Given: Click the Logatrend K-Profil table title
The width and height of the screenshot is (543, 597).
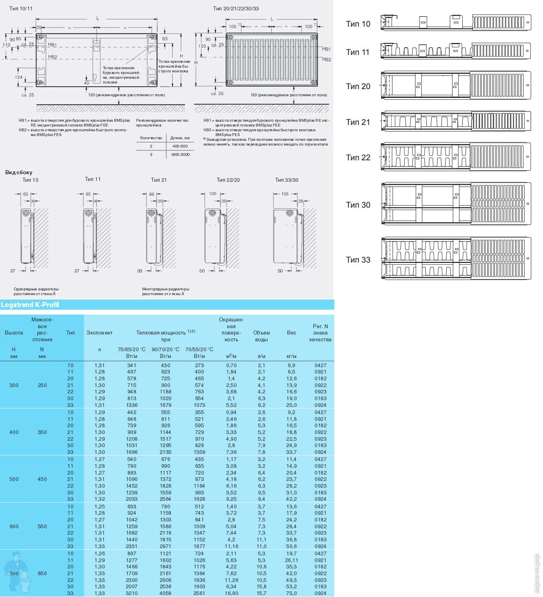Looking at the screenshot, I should (x=30, y=305).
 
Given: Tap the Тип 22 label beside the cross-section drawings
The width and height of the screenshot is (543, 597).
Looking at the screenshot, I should (x=358, y=158).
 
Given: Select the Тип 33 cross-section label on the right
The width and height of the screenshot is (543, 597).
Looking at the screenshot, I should (x=358, y=260).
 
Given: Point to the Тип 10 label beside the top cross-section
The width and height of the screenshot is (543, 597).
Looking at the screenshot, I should (x=358, y=24).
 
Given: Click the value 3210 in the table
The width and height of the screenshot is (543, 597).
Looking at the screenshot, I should (x=132, y=593).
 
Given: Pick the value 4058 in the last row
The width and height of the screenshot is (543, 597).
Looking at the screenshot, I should (x=166, y=593).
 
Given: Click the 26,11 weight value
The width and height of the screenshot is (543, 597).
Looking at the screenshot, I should (x=291, y=560).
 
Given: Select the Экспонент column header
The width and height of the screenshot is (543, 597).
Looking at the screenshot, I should (x=100, y=333).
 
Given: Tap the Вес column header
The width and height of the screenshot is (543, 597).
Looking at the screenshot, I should (x=291, y=333).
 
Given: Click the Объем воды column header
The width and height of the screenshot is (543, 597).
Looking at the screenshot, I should (x=261, y=336).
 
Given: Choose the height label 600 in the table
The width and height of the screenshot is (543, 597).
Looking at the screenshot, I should (x=14, y=526).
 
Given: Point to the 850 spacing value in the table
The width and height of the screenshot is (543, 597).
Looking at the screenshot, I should (x=42, y=573).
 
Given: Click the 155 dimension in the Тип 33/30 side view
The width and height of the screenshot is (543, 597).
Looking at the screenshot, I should (x=285, y=194).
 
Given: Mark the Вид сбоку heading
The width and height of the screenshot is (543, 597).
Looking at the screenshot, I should (x=19, y=172).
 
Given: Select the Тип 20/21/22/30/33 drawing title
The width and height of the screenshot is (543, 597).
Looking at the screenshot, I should (x=236, y=8).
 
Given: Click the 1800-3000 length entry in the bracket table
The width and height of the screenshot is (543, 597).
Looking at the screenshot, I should (x=180, y=154).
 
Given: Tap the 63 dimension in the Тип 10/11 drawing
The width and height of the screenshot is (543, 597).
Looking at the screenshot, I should (x=165, y=39).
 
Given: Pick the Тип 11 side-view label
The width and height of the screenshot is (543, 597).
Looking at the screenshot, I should (x=93, y=179).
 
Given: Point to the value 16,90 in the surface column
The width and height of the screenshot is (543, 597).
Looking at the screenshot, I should (x=231, y=593).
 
